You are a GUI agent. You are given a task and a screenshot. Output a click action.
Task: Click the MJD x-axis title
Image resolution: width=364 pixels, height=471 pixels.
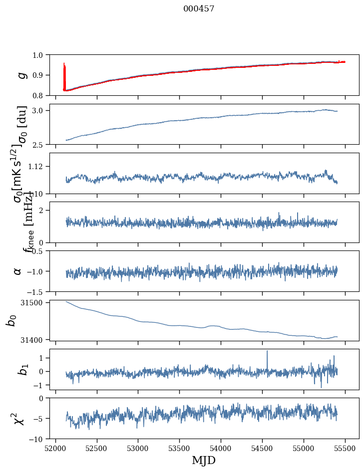[204, 460]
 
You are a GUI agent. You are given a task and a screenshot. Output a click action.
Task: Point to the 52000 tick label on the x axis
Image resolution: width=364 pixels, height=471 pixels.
[55, 448]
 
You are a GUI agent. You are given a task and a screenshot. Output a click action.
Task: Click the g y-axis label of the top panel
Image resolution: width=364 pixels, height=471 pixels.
[21, 75]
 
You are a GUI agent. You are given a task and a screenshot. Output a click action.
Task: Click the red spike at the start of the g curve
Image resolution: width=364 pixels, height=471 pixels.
[64, 70]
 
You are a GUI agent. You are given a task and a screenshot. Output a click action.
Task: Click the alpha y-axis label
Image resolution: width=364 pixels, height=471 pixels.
[17, 271]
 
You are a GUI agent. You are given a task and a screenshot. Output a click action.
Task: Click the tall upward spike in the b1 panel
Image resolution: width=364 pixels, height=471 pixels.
[267, 352]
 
